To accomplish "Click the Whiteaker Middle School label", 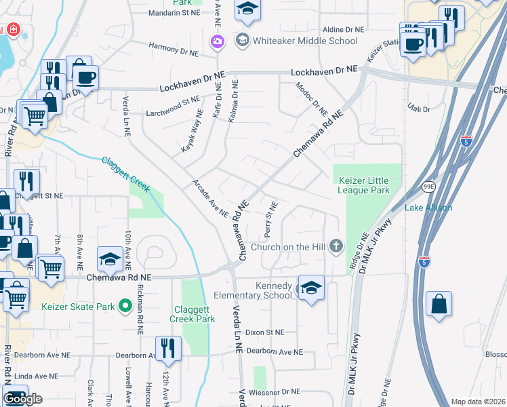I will coord(305,41).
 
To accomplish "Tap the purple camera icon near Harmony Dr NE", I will coord(216,41).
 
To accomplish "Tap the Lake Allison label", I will coord(428,208).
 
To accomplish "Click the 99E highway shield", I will coord(428,186).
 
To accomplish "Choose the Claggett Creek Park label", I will coord(191,314).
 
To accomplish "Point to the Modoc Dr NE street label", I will coord(311,98).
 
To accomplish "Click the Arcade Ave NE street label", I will coord(211,198).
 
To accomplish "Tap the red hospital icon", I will coord(12,31).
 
